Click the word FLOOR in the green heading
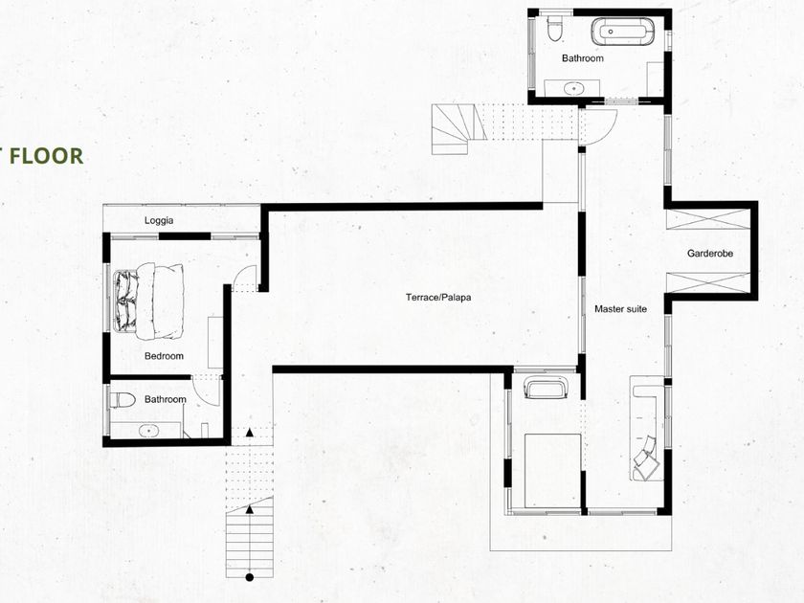click(46, 156)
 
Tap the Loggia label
click(159, 220)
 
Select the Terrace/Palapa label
click(438, 298)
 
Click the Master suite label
click(620, 308)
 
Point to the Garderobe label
click(710, 254)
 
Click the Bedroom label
click(164, 356)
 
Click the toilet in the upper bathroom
click(554, 28)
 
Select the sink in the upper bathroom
click(573, 88)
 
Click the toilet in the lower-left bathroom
click(123, 400)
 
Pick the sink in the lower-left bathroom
click(149, 431)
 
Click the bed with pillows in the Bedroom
click(148, 301)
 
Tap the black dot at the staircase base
click(250, 578)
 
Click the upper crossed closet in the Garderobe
click(706, 219)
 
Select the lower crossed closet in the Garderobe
click(707, 283)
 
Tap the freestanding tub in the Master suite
click(547, 387)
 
